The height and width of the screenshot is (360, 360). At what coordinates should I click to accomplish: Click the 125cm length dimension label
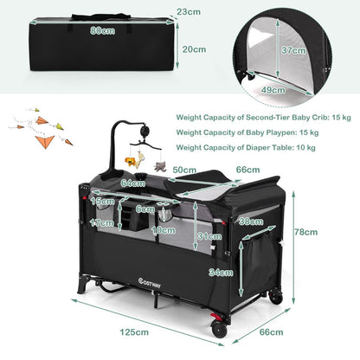point(134,332)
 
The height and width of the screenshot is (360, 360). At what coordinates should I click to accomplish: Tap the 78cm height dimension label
point(305,232)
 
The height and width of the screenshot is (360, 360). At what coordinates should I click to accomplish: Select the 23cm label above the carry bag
point(189,12)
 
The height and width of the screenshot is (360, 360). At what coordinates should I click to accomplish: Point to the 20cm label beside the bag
point(194,49)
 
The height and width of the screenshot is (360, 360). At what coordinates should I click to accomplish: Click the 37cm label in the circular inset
point(293,50)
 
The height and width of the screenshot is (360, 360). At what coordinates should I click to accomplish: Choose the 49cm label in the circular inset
point(273,90)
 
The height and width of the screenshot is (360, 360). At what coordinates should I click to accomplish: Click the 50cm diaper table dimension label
point(184,170)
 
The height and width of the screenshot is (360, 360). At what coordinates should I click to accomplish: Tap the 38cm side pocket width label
point(251,222)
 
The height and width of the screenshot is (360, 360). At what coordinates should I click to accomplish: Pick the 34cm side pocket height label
point(221,273)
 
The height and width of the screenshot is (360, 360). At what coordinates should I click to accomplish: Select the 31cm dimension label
point(209,236)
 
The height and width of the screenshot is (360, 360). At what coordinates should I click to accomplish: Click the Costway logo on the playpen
point(150,281)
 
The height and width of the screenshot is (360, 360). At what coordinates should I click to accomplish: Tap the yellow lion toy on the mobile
point(131,162)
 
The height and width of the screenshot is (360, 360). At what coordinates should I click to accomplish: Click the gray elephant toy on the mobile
point(160,167)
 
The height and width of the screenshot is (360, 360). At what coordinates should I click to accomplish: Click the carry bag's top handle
point(100,16)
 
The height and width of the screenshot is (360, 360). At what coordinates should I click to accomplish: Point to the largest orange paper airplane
point(45,142)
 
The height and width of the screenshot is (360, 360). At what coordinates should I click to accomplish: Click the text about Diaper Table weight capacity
point(246,148)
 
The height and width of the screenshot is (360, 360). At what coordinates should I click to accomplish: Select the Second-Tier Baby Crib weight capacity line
point(264,118)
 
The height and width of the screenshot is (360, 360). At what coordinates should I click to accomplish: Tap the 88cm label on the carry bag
point(102,30)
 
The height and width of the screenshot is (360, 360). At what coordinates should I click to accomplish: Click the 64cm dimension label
point(133,183)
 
